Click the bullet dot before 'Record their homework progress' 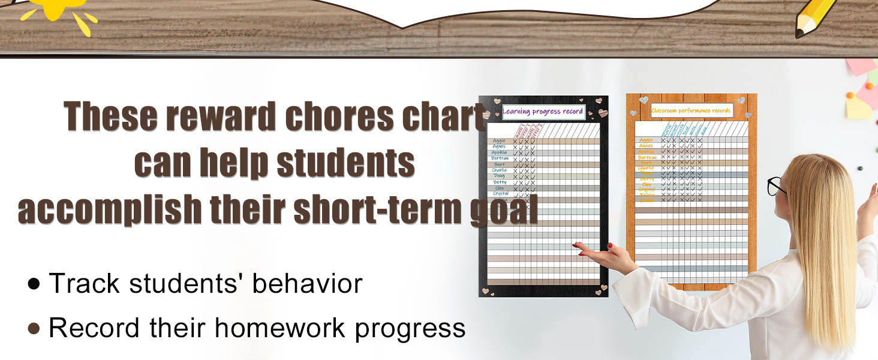[34, 328]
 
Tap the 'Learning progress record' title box [543, 112]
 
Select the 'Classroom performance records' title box [691, 110]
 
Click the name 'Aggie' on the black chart [499, 141]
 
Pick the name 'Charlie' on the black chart [499, 170]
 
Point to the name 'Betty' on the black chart [500, 182]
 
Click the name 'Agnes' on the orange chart [647, 146]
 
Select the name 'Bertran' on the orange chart [647, 157]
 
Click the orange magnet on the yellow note [850, 95]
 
